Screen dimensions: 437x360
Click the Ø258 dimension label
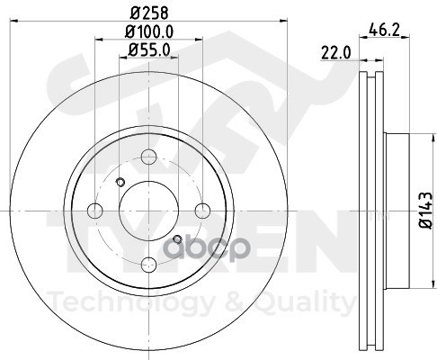coord(149,13)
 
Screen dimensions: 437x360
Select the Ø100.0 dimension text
coord(149,31)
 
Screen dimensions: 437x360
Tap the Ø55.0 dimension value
coord(149,50)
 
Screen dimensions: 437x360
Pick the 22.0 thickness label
coord(335,53)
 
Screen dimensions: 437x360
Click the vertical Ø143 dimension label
coord(426,211)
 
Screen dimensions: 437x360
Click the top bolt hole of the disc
coord(149,157)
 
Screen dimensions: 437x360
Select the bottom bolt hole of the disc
coord(149,265)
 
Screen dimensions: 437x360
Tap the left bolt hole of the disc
coord(95,211)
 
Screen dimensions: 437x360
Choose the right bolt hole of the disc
coord(202,211)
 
